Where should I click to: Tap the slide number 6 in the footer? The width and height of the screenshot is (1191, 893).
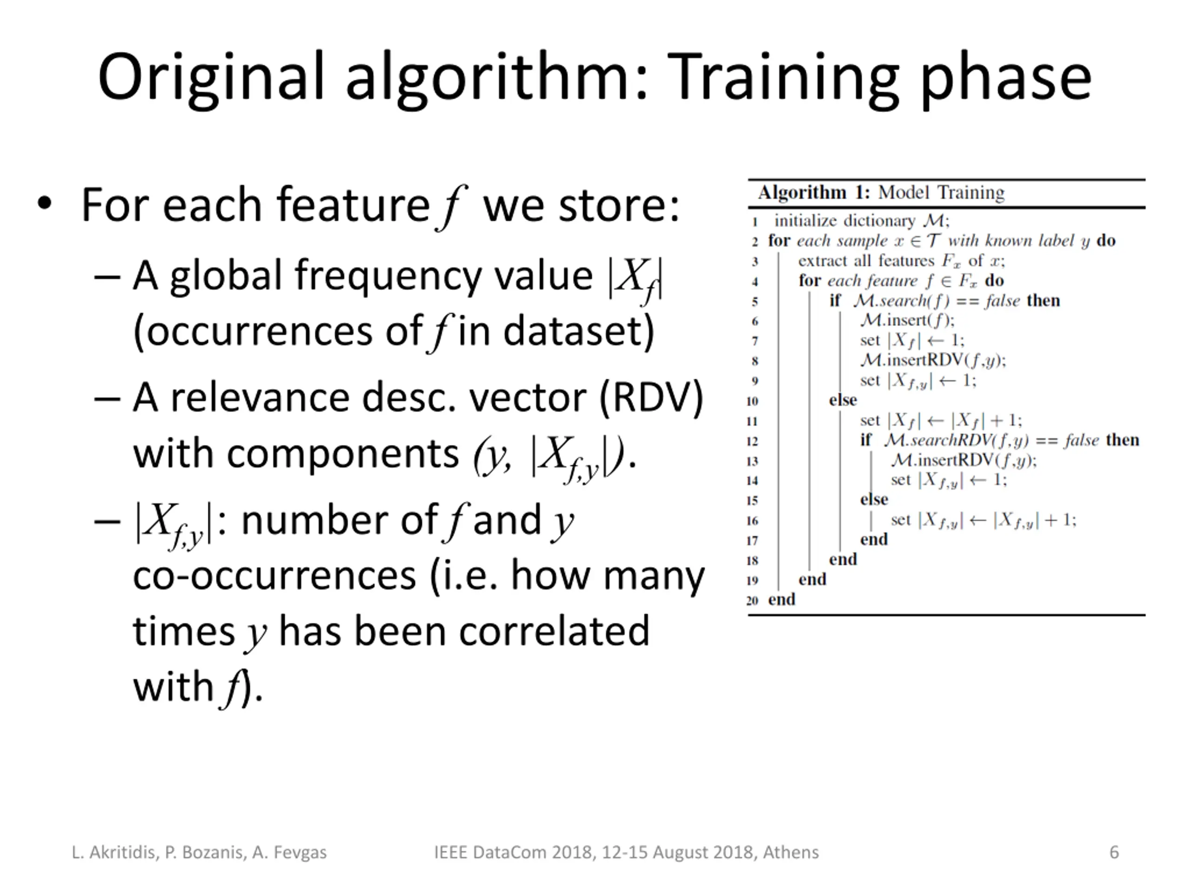(x=1114, y=852)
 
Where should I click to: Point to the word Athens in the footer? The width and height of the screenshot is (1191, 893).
(x=791, y=852)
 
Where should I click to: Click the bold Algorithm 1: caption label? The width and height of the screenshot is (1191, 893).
(x=814, y=193)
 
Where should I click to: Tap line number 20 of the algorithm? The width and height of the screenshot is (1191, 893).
(x=752, y=600)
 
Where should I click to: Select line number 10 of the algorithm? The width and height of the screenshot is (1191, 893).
(x=752, y=401)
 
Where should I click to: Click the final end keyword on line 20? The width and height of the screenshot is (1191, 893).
(x=781, y=599)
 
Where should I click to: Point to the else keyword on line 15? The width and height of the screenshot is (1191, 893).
(x=874, y=500)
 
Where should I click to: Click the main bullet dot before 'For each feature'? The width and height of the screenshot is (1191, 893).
(x=45, y=203)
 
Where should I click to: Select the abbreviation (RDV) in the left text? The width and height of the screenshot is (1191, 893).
(x=651, y=398)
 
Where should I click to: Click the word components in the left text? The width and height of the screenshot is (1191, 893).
(x=342, y=454)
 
